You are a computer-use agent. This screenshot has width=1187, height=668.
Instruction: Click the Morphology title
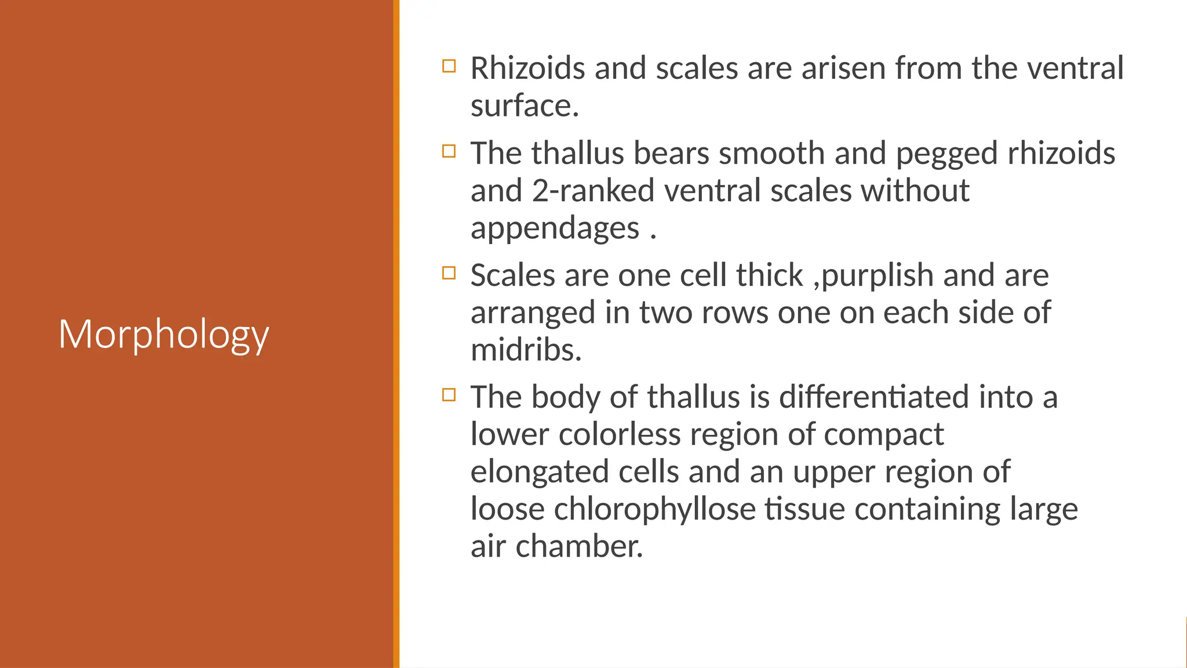click(x=163, y=335)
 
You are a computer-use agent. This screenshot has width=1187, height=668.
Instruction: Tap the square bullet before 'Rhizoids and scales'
click(x=449, y=66)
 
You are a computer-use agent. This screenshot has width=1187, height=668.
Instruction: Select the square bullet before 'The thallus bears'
click(x=449, y=151)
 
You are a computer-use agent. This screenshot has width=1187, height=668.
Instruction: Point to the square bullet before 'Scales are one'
click(x=449, y=273)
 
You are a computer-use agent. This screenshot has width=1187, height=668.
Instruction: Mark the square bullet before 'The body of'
click(x=449, y=395)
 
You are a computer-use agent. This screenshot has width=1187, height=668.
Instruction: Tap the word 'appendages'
click(x=555, y=228)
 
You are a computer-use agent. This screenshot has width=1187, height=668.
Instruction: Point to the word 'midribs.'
click(x=526, y=350)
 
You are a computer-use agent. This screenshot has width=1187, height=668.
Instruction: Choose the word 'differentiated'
click(x=873, y=397)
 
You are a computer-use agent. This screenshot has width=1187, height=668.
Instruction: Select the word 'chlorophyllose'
click(x=654, y=509)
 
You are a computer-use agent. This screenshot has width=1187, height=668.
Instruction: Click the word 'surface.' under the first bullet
click(x=525, y=106)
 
